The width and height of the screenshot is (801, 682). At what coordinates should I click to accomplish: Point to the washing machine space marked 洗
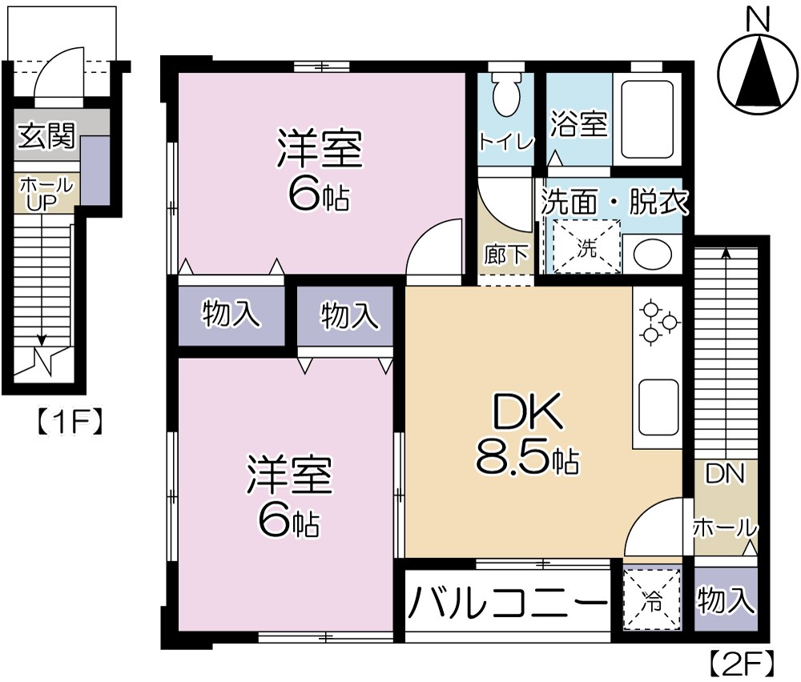tap(587, 247)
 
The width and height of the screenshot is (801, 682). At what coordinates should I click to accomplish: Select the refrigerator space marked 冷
tap(652, 598)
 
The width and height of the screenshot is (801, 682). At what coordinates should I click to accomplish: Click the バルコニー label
tap(506, 601)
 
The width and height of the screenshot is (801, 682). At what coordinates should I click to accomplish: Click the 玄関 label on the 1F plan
tap(46, 137)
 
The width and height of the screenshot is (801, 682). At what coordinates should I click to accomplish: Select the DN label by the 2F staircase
tap(725, 474)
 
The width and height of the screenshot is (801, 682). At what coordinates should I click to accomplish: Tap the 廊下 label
tap(505, 255)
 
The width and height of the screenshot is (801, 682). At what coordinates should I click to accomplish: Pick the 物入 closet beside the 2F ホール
tap(726, 600)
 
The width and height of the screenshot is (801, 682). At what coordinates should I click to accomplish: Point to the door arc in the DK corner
tap(654, 528)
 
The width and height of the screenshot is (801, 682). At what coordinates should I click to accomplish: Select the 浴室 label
tap(578, 125)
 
